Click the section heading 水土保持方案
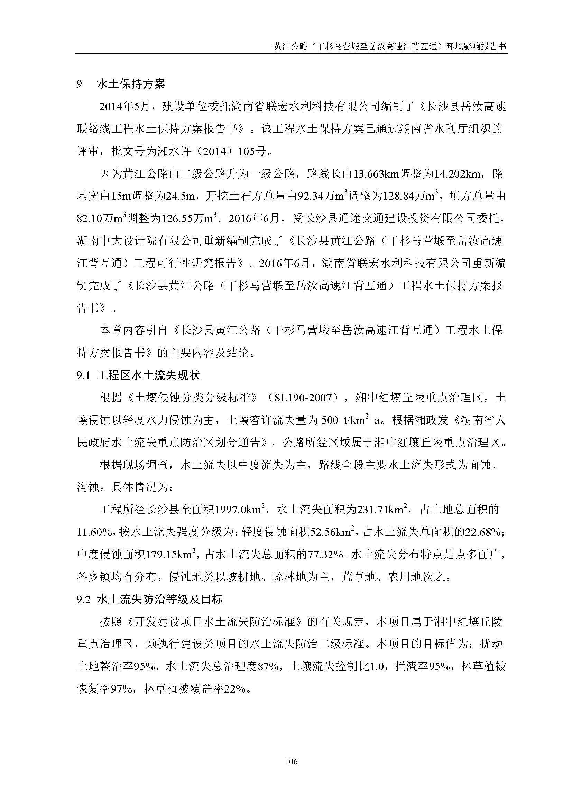131,84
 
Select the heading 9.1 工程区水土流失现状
138,376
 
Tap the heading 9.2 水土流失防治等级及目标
149,599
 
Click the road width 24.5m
180,196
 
